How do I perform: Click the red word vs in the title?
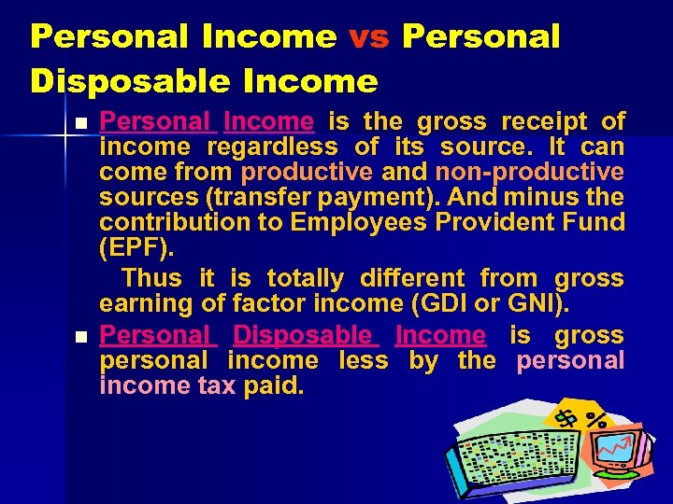[x=368, y=36]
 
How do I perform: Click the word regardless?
[x=272, y=147]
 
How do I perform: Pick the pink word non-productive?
[x=529, y=172]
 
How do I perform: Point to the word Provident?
[x=493, y=222]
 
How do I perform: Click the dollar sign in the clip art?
[x=566, y=419]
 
